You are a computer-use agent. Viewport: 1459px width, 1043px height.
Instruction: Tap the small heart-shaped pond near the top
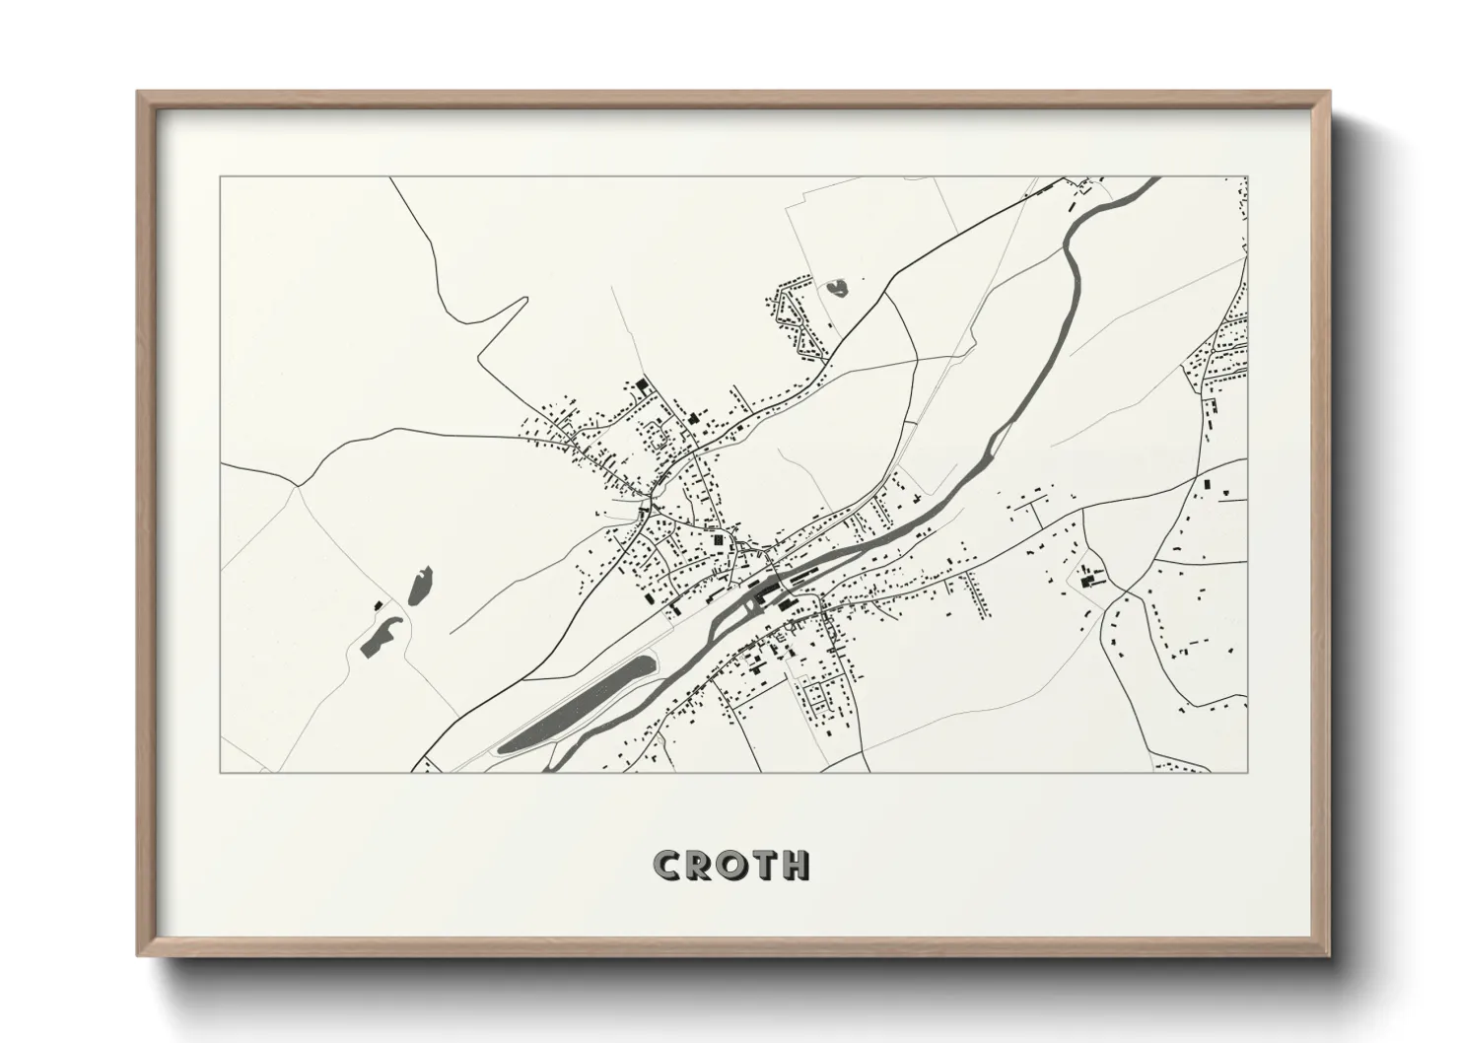click(837, 288)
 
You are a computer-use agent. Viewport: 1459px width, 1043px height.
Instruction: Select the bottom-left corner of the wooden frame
click(139, 953)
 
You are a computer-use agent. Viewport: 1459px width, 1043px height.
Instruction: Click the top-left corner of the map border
click(220, 177)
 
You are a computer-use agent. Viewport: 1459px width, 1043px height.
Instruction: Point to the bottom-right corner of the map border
click(1248, 772)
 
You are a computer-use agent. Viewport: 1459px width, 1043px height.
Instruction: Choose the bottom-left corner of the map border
click(220, 772)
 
